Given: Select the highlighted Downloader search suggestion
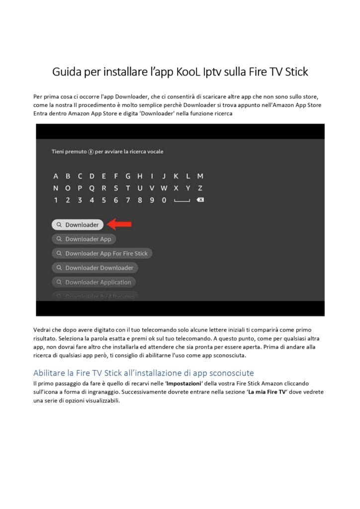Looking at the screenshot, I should click(x=78, y=225).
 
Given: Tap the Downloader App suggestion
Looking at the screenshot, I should click(x=84, y=239).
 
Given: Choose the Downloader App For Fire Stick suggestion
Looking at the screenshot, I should click(x=102, y=254).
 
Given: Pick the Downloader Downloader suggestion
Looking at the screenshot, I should click(x=94, y=268).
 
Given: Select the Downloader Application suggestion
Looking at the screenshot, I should click(x=93, y=282).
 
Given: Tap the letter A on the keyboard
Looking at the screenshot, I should click(x=56, y=176).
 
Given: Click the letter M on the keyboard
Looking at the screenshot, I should click(x=200, y=176).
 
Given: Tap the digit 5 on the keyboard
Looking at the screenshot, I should click(x=104, y=200).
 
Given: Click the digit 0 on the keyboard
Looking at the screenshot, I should click(x=164, y=200).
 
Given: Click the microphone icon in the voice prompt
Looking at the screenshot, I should click(x=91, y=152).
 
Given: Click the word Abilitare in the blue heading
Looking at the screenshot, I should click(x=51, y=373).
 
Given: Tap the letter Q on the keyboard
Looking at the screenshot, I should click(x=92, y=188).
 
